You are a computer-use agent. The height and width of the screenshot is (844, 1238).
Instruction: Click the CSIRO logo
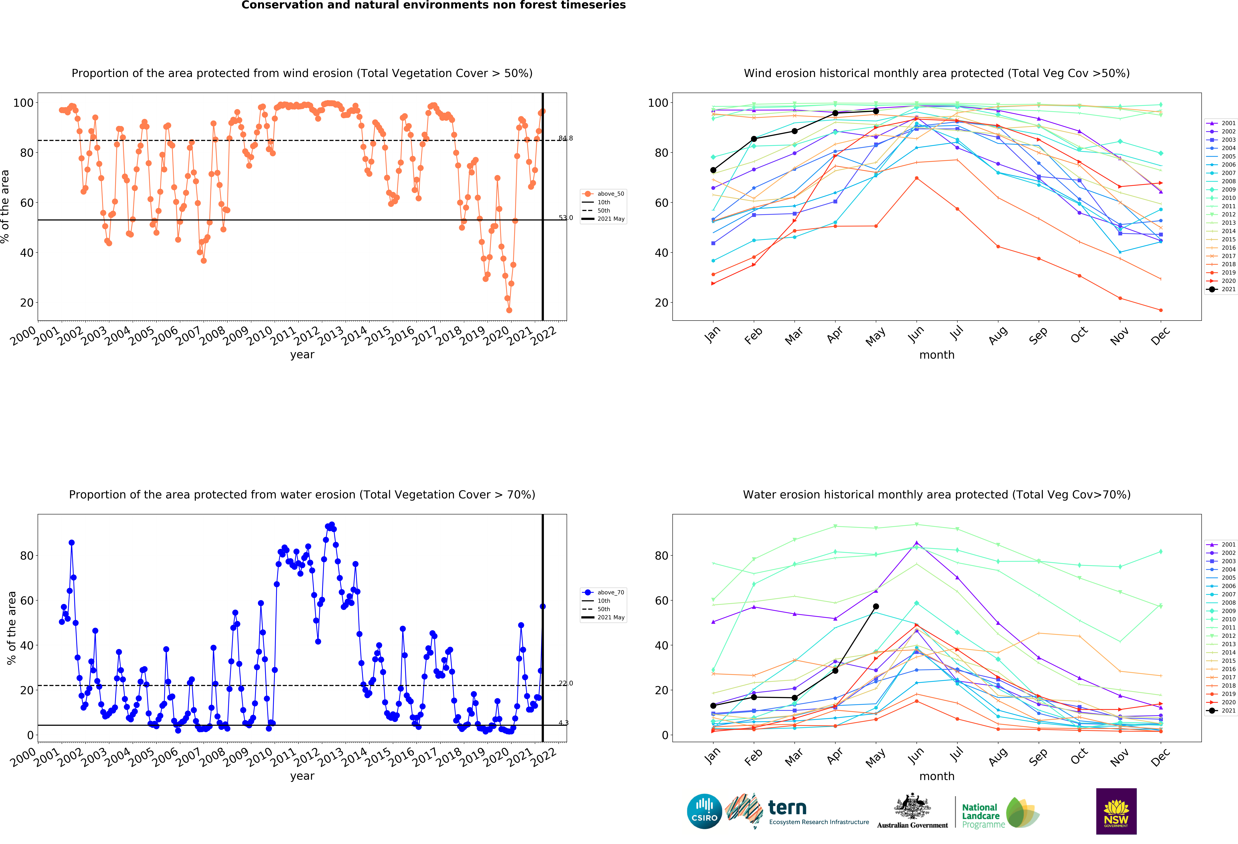(704, 812)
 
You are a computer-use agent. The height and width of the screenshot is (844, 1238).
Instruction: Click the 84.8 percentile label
(566, 139)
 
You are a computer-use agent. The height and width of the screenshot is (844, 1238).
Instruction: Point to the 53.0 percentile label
(566, 218)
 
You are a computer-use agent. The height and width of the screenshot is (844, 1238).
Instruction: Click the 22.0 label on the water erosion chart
(566, 684)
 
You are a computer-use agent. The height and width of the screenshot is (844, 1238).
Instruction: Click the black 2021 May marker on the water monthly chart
(876, 606)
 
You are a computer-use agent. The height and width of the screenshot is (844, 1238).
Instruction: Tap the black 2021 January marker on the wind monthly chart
(713, 170)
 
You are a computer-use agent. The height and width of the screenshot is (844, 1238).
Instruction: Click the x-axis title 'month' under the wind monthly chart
(937, 355)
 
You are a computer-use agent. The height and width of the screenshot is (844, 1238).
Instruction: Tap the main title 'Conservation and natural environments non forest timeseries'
(434, 5)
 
